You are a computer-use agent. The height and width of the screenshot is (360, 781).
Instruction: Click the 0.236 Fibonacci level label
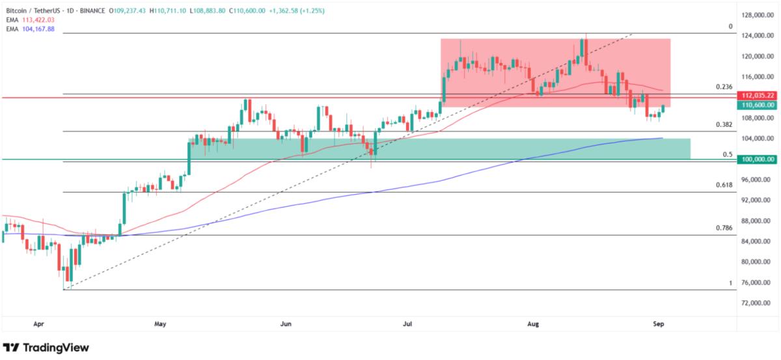[724, 87]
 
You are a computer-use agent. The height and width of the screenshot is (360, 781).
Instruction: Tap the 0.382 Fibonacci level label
[724, 124]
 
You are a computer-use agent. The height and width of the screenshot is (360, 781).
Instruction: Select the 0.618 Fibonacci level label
[724, 185]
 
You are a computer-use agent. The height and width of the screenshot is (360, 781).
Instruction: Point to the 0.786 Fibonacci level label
[724, 228]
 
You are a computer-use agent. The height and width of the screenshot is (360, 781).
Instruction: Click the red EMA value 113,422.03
[38, 20]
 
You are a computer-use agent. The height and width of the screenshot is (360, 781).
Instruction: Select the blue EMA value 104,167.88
[38, 28]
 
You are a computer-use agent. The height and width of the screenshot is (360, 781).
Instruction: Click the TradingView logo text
[55, 348]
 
